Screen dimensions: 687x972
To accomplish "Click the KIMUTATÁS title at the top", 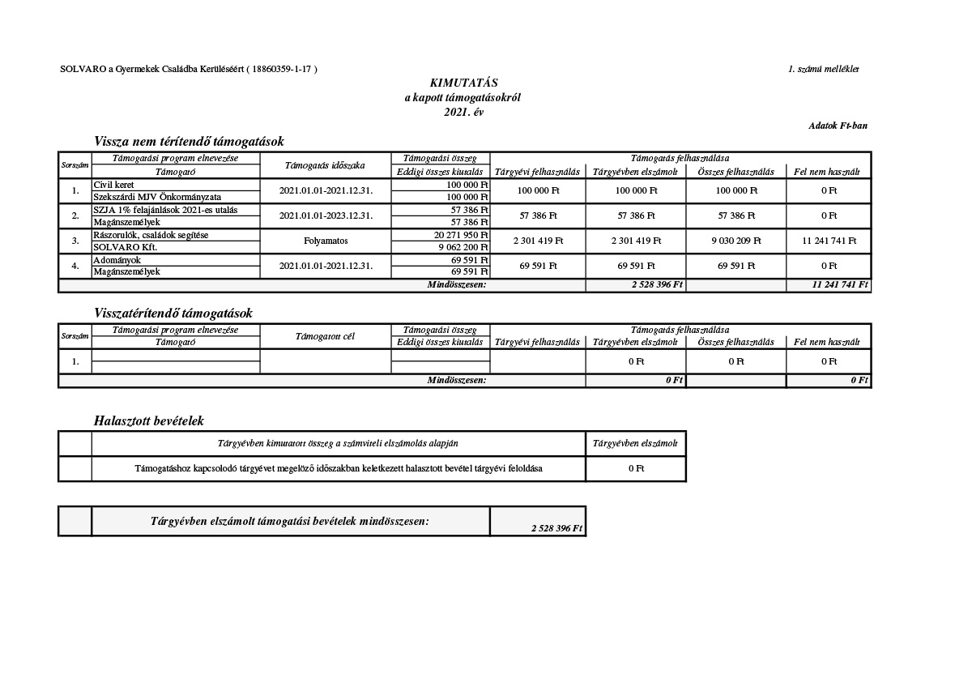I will point(463,83).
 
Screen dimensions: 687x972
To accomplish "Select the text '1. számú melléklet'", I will point(823,70).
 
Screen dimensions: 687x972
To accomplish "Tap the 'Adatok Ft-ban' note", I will point(838,126).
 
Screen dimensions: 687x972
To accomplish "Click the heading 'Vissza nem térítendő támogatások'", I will point(189,142).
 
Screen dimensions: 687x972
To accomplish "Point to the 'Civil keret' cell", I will point(113,186).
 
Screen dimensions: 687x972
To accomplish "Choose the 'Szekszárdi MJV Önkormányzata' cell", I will point(157,197).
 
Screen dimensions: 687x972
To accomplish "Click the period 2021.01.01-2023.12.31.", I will point(326,215).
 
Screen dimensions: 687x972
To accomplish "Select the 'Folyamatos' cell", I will point(326,241).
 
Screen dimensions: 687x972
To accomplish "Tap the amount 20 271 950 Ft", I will point(461,235).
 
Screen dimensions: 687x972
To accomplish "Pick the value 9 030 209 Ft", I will point(735,241).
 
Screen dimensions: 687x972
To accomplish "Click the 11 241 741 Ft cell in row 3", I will point(828,241).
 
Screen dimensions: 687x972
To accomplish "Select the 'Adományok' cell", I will point(117,260).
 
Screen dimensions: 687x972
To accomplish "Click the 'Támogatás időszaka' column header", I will point(326,165).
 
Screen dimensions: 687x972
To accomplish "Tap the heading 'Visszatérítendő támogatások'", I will point(173,313).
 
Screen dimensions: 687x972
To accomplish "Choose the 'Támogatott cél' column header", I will point(326,336).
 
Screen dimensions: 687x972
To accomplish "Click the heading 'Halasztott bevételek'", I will point(149,421).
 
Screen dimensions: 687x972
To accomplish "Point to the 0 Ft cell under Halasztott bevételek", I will point(636,468).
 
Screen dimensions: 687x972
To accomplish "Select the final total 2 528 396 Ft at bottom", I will point(556,528).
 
